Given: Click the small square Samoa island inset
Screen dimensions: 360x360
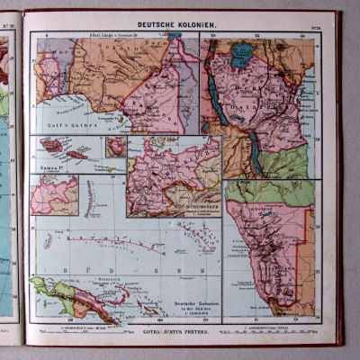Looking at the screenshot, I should coord(116,146).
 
